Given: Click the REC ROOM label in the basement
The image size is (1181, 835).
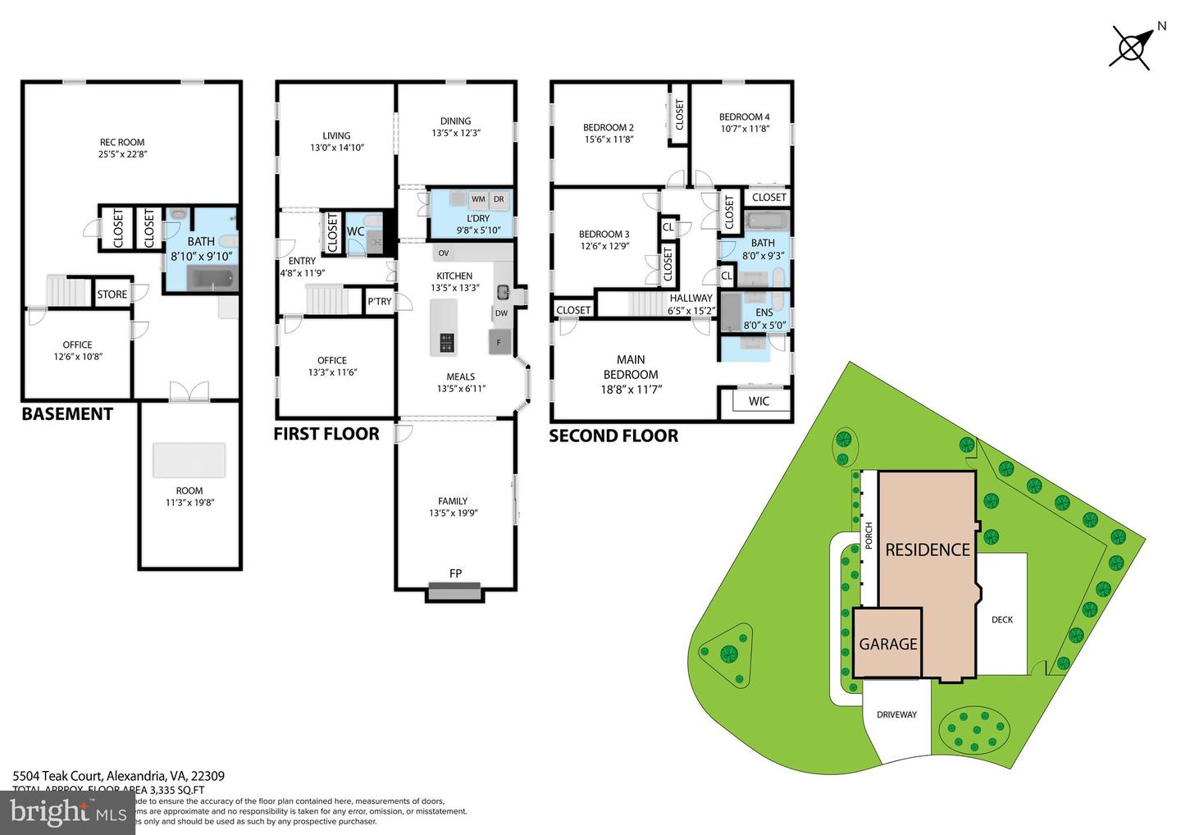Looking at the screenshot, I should [122, 142].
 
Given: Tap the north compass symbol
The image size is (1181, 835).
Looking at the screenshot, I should [1132, 45].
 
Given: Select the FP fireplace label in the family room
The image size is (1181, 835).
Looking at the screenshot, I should [455, 573].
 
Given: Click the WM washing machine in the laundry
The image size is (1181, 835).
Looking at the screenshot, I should [478, 199].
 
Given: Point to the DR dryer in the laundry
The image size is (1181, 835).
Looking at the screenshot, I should [499, 199].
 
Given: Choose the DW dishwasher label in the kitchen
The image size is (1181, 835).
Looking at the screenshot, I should [501, 313].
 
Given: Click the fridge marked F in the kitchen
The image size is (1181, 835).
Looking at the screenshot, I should [499, 342].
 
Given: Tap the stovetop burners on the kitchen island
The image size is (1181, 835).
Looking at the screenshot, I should [446, 343].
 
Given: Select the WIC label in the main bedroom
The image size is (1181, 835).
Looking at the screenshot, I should [759, 401].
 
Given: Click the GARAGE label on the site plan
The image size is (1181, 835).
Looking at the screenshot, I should [887, 644].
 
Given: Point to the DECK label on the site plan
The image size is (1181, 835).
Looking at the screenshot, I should [1002, 620].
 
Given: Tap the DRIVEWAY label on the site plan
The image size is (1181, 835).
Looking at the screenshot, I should [896, 714].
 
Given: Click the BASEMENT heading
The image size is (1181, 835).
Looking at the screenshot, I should [67, 414].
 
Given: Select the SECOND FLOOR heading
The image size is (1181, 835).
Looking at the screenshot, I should [613, 436].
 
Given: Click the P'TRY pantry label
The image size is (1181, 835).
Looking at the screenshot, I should [379, 302].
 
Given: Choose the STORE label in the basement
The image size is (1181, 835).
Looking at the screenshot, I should [112, 294].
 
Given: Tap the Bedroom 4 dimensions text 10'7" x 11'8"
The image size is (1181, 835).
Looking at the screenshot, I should [744, 129].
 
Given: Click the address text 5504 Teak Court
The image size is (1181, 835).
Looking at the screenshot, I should [57, 776].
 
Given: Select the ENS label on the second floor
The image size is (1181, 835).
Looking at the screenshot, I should [764, 313].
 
